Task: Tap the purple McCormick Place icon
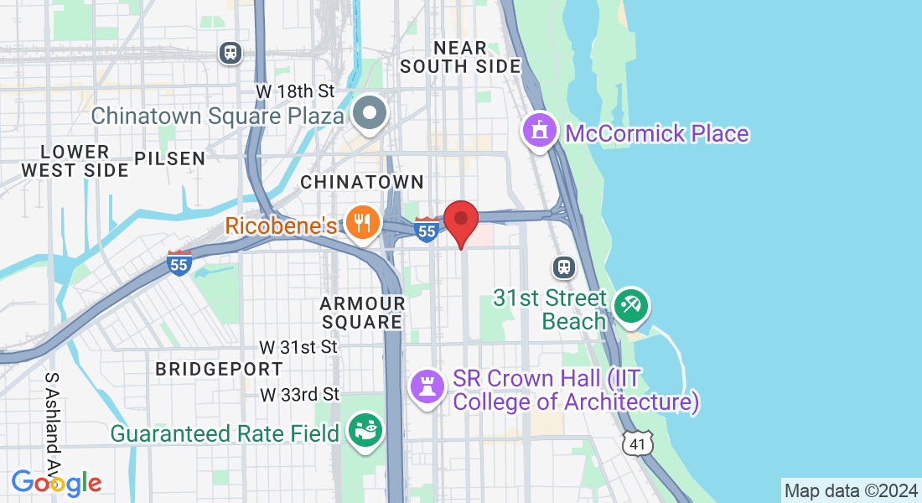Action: (540, 132)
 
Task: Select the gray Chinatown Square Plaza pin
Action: (370, 113)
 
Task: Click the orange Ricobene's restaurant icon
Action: (363, 223)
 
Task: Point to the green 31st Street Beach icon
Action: (629, 306)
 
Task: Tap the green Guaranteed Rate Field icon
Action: (366, 431)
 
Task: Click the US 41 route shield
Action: (638, 443)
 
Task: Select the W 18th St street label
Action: (296, 91)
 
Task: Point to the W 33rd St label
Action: (299, 394)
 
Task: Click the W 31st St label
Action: (298, 346)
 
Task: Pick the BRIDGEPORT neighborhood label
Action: (220, 369)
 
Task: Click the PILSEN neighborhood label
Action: (169, 158)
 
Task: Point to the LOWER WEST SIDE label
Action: (75, 161)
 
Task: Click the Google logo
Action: (56, 483)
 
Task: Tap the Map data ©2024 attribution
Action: (850, 490)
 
